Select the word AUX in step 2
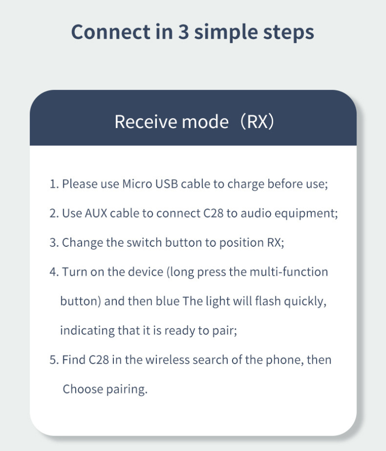tap(96, 213)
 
